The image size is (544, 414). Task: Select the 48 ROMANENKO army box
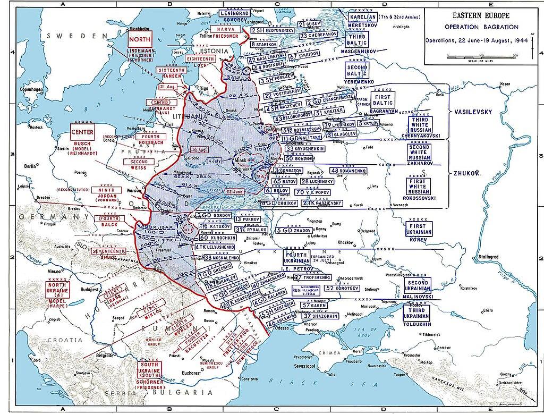(350, 171)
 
